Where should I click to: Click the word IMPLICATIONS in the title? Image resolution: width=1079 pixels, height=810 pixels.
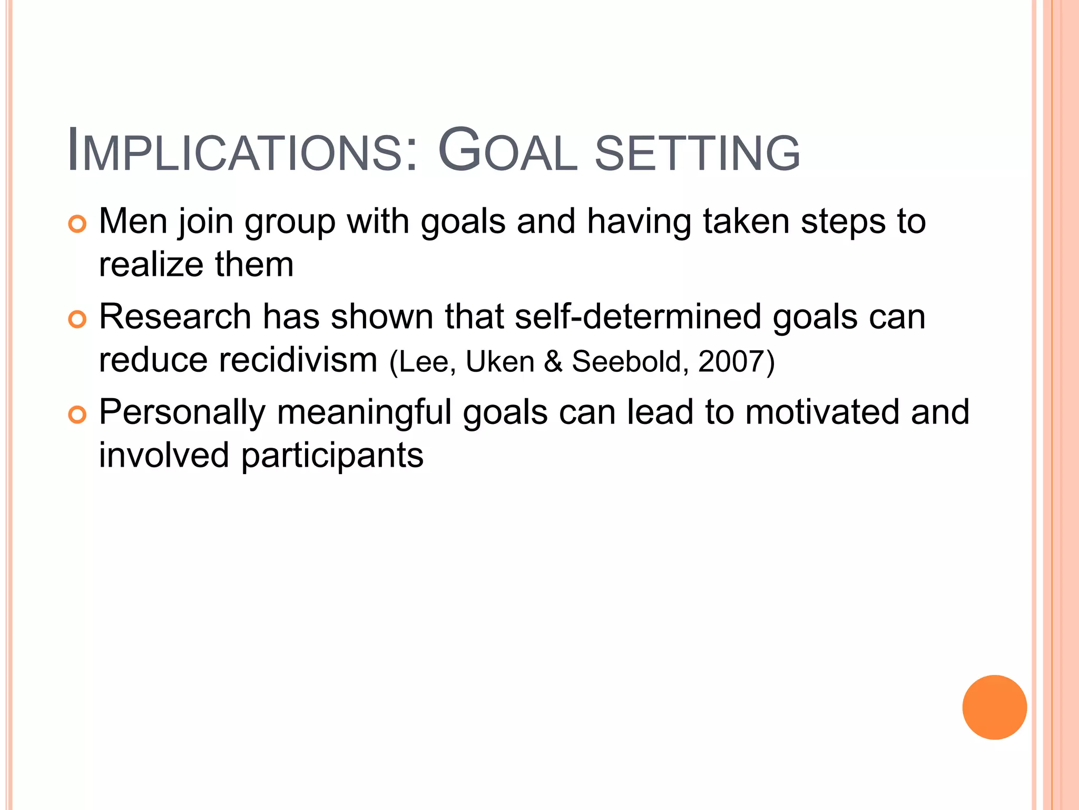pyautogui.click(x=243, y=151)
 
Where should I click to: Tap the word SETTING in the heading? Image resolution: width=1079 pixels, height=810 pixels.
pyautogui.click(x=698, y=153)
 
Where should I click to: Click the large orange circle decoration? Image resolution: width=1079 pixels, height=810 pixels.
pyautogui.click(x=994, y=707)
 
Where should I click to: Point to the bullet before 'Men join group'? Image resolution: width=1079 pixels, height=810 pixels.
pyautogui.click(x=77, y=225)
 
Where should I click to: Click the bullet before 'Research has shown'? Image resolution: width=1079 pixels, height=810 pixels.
pyautogui.click(x=77, y=320)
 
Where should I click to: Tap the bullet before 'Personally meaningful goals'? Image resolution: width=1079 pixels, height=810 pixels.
pyautogui.click(x=77, y=415)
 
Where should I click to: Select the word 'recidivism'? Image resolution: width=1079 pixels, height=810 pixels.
pyautogui.click(x=298, y=360)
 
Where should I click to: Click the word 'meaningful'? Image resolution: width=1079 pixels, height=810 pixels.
pyautogui.click(x=364, y=413)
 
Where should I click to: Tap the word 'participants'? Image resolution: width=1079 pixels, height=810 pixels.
pyautogui.click(x=332, y=456)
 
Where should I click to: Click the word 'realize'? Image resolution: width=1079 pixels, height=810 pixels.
pyautogui.click(x=151, y=265)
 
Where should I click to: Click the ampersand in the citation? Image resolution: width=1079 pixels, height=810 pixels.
pyautogui.click(x=553, y=362)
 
